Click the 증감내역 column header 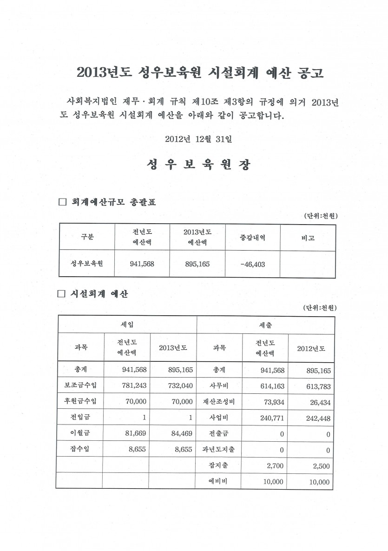point(252,237)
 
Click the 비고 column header point(308,238)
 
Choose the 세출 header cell point(265,324)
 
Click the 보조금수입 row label point(79,385)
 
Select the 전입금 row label point(79,418)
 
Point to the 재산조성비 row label point(219,402)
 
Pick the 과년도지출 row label point(219,450)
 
